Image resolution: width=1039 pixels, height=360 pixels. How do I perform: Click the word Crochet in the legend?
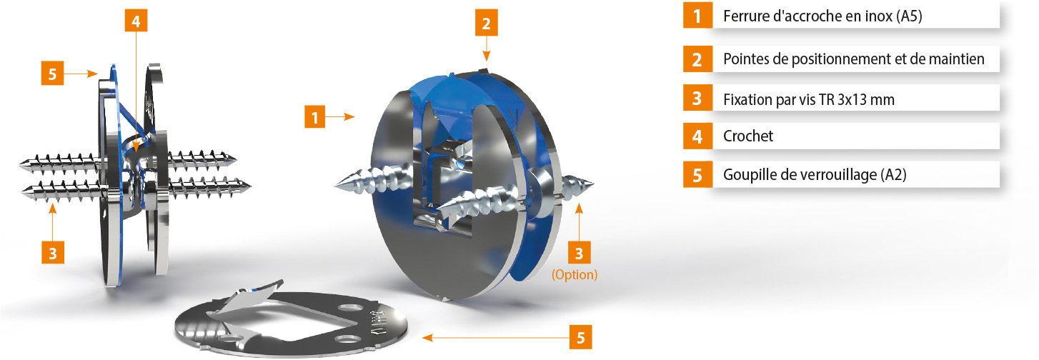point(747,136)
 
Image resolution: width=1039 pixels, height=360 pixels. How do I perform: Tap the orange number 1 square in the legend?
point(697,16)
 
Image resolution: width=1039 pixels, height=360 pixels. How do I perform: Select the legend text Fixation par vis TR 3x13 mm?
point(808,99)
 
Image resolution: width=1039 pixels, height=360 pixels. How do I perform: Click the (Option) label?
point(575,274)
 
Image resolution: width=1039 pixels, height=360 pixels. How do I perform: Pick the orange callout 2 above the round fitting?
point(486,23)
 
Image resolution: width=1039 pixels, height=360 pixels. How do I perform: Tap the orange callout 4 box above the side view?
point(136,21)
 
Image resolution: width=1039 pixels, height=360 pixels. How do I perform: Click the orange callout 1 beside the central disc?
point(315,117)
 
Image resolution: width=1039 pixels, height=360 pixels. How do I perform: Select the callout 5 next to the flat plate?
point(581,337)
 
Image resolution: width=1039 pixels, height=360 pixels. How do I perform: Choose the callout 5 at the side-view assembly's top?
point(52,74)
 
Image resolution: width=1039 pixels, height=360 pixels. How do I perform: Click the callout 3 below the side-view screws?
point(52,253)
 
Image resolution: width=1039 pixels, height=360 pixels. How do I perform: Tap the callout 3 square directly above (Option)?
point(580,253)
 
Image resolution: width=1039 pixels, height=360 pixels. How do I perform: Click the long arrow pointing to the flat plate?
point(496,338)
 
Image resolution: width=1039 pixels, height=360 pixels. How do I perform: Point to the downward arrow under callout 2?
point(486,49)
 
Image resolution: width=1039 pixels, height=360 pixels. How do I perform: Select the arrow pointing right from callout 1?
point(340,117)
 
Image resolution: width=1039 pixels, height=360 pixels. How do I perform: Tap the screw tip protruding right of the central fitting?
point(590,184)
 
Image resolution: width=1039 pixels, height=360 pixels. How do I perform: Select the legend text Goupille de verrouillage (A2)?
point(815,175)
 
